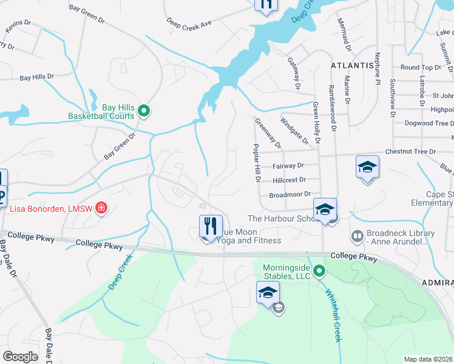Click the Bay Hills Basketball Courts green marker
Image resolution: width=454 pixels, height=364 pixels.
point(144,110)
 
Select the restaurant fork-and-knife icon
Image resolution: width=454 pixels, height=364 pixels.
point(211,226)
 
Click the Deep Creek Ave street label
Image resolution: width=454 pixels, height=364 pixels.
point(189,23)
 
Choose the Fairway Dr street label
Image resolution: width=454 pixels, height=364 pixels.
point(288,166)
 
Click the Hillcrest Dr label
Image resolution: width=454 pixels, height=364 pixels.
point(289,180)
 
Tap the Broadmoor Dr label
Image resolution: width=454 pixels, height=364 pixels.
point(290,195)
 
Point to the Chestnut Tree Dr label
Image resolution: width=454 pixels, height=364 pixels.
point(410,152)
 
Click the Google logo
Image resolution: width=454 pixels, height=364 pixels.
point(20,356)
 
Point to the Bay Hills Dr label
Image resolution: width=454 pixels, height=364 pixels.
point(36,78)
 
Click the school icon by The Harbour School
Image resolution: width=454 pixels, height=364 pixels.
point(325,209)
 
